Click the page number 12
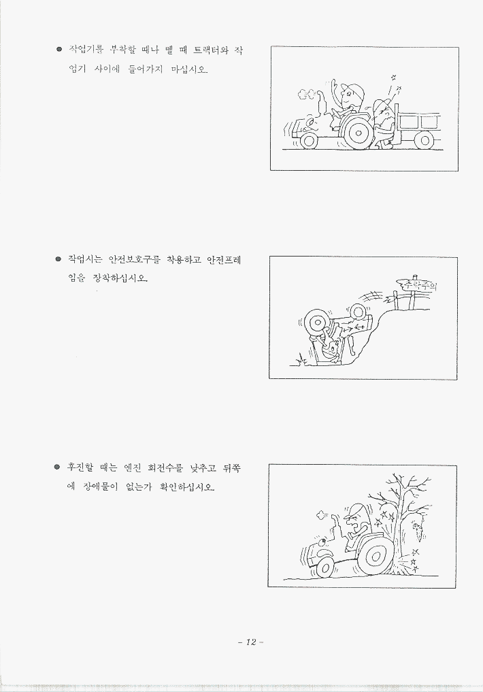pyautogui.click(x=251, y=642)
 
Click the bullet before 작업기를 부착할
pyautogui.click(x=59, y=49)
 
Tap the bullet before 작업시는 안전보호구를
pyautogui.click(x=58, y=259)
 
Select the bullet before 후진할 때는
pyautogui.click(x=57, y=467)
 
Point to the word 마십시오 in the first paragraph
pyautogui.click(x=189, y=69)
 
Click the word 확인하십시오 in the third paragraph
pyautogui.click(x=188, y=487)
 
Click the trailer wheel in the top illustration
pyautogui.click(x=424, y=140)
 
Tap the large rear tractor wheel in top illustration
pyautogui.click(x=359, y=132)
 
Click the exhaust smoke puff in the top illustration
pyautogui.click(x=304, y=94)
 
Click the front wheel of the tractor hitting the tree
pyautogui.click(x=325, y=567)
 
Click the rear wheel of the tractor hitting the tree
pyautogui.click(x=376, y=556)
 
